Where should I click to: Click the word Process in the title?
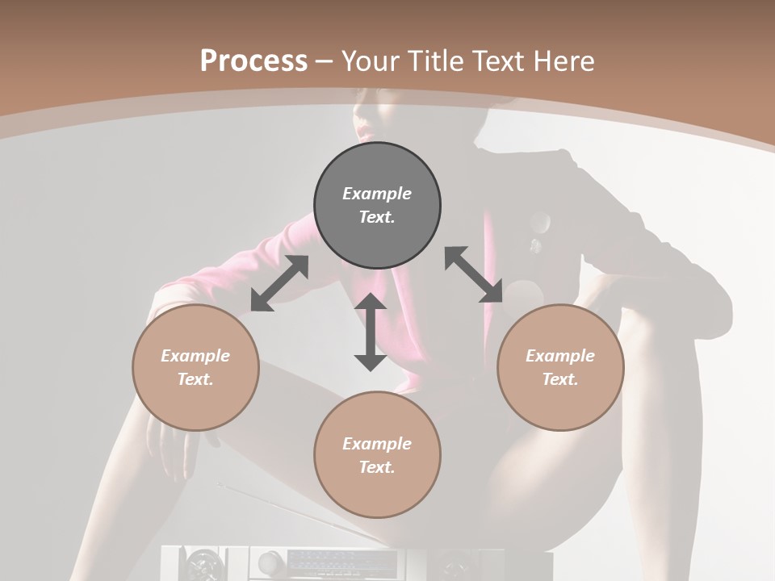[253, 61]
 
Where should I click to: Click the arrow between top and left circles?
[279, 283]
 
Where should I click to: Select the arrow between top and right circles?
[474, 274]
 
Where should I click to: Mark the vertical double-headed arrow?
[371, 332]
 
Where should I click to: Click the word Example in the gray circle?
[377, 194]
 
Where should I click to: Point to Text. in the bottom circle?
[377, 467]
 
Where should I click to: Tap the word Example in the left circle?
[195, 356]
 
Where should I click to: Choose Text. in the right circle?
[560, 379]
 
